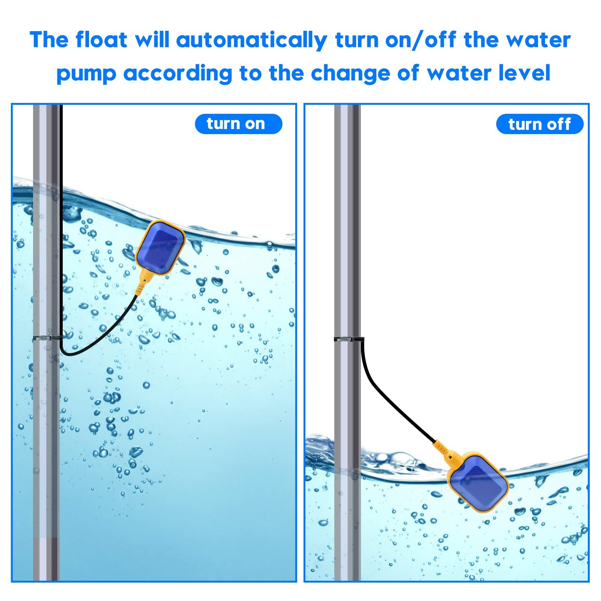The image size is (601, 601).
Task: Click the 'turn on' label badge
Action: (239, 124)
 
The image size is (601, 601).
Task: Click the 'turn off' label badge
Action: (540, 124)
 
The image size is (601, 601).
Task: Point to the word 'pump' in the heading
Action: (86, 74)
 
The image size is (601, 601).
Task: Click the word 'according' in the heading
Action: (178, 74)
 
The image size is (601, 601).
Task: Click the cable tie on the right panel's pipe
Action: (349, 339)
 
